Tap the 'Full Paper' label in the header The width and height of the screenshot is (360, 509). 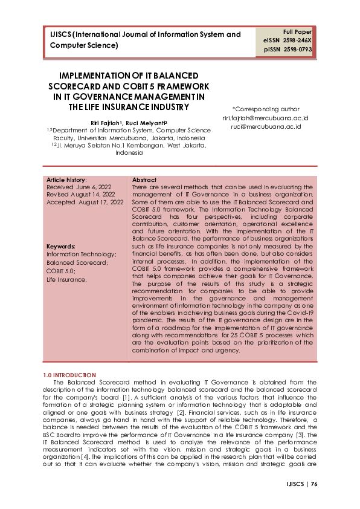click(x=297, y=31)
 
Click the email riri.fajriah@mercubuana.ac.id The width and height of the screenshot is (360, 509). click(x=266, y=118)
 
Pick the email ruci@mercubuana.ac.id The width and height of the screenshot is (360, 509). click(x=266, y=127)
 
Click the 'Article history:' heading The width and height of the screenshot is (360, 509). click(x=66, y=180)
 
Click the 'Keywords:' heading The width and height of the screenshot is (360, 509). click(x=61, y=247)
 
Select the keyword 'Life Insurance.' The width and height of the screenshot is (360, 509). click(x=67, y=280)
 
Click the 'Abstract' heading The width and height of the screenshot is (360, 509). click(x=144, y=180)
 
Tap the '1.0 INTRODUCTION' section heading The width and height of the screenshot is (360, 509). click(x=69, y=375)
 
